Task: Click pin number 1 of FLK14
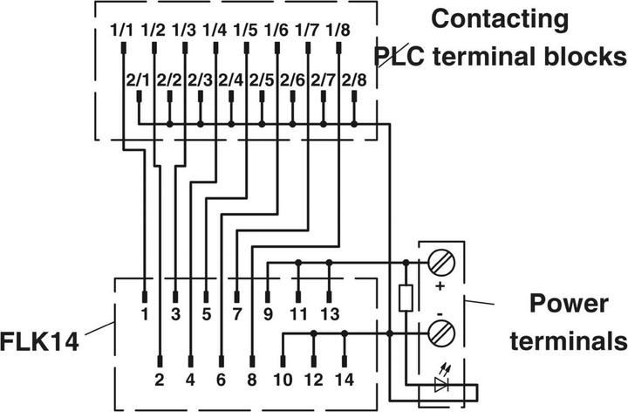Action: pyautogui.click(x=144, y=312)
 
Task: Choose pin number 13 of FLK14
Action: pyautogui.click(x=330, y=312)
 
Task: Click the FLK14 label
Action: pyautogui.click(x=40, y=340)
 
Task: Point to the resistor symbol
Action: pyautogui.click(x=406, y=297)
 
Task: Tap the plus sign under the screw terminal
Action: pyautogui.click(x=438, y=285)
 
